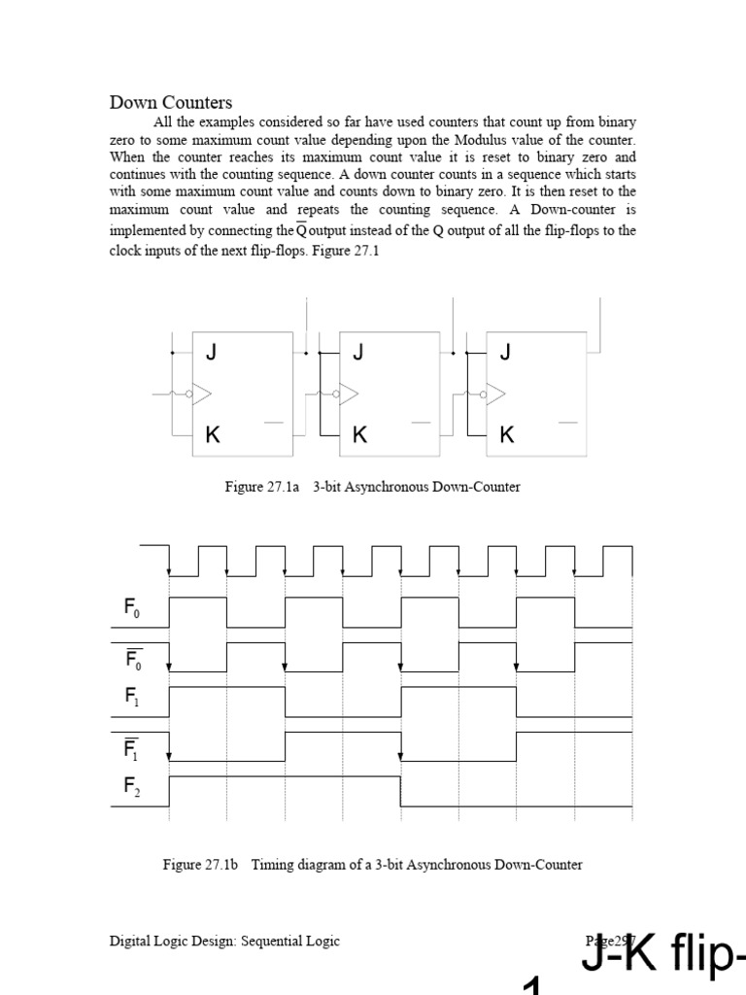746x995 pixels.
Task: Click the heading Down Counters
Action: (170, 103)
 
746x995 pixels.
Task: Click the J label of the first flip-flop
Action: (212, 352)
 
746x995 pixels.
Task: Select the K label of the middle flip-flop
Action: (359, 434)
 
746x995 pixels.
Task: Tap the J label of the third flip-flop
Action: (505, 352)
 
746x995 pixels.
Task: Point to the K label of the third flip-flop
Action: (506, 434)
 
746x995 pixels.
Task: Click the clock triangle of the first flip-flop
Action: (202, 394)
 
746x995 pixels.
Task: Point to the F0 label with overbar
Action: (133, 660)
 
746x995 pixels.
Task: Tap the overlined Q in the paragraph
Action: (301, 230)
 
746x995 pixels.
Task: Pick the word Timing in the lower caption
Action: (273, 864)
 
